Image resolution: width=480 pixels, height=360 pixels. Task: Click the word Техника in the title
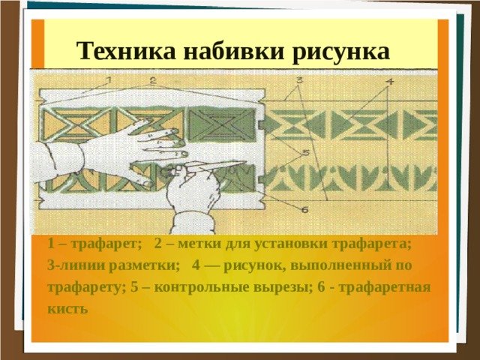pos(126,50)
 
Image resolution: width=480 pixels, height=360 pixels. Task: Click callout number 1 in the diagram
pos(109,80)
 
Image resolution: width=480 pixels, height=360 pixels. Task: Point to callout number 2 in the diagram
pos(153,80)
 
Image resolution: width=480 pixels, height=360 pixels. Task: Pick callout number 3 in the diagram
pos(299,80)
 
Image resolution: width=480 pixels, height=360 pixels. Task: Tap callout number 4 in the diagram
pos(390,82)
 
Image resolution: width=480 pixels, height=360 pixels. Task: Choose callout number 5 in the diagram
pos(307,152)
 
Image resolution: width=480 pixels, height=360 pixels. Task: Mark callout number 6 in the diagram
pos(304,210)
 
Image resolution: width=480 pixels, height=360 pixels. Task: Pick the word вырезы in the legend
pos(283,288)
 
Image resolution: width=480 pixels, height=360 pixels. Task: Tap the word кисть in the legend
pos(68,308)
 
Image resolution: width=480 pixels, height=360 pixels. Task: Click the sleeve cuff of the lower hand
pos(193,222)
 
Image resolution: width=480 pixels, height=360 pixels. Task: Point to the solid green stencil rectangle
pos(221,124)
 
